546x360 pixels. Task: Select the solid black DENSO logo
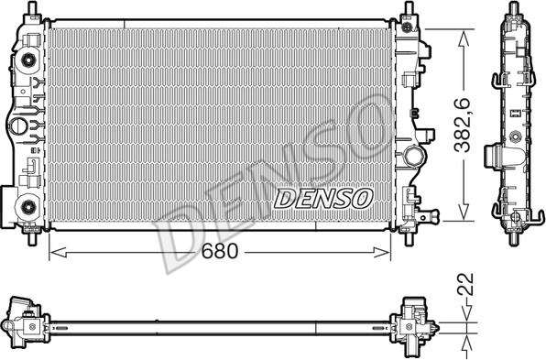[x=323, y=197]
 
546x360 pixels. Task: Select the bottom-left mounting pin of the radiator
[x=35, y=240]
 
